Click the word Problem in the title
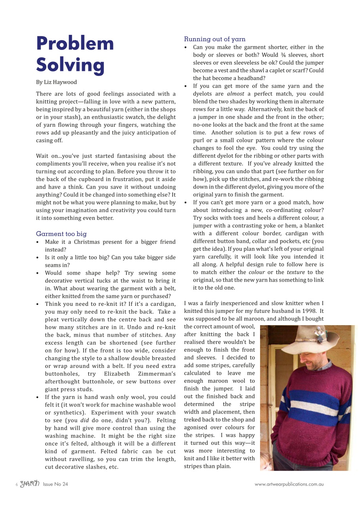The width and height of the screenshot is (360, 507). point(75,44)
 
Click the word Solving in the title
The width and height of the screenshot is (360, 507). point(70,65)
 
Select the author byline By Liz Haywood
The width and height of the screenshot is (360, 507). point(56,82)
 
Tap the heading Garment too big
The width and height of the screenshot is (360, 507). point(61,234)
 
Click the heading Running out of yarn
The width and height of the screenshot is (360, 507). point(214,39)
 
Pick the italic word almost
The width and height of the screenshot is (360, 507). point(236,94)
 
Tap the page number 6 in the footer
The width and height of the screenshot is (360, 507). point(17,484)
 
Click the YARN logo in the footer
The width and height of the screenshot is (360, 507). point(30,484)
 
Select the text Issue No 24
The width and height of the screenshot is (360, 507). point(56,484)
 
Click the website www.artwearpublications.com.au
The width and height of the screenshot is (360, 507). point(289,484)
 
